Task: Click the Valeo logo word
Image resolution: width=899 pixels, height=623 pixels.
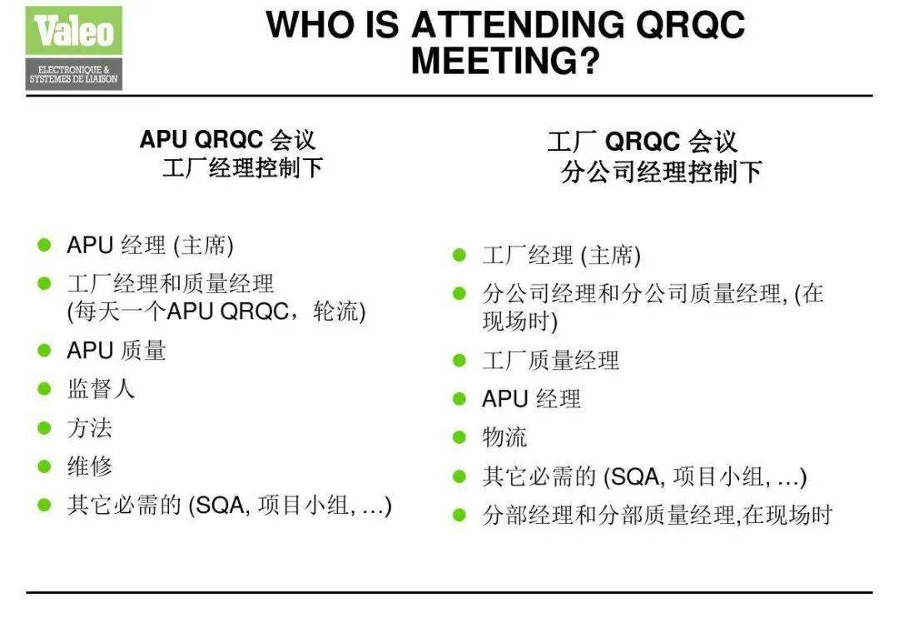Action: [x=74, y=31]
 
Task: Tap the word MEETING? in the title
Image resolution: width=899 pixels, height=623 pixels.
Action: [x=505, y=60]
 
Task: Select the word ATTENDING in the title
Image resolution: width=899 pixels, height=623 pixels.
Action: [x=518, y=24]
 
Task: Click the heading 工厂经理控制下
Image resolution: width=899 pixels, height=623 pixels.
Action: [x=242, y=168]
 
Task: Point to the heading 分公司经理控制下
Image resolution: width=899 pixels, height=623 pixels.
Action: [x=661, y=171]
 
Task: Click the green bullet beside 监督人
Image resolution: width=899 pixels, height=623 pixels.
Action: [x=44, y=389]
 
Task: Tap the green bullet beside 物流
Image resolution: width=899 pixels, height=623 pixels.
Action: [x=459, y=437]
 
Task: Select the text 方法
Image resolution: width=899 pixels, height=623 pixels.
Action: [x=89, y=428]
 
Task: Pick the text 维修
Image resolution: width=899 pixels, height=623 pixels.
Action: [x=89, y=466]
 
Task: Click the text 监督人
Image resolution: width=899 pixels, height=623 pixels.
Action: [x=101, y=389]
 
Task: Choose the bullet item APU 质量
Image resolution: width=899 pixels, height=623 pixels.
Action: [x=117, y=351]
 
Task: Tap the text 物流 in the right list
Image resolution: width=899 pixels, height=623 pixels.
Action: [x=504, y=437]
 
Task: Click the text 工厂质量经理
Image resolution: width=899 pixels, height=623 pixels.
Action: [x=550, y=361]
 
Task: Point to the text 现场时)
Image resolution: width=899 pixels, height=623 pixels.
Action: [x=520, y=321]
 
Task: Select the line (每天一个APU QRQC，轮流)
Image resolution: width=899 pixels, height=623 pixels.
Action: [x=216, y=311]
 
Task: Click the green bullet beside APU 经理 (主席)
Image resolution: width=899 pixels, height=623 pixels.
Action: [x=44, y=245]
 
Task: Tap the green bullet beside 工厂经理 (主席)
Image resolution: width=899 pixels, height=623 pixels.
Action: [x=459, y=255]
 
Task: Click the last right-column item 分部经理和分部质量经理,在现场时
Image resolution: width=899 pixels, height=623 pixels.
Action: [x=658, y=515]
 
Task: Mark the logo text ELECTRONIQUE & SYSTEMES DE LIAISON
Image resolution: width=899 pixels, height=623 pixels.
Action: [x=73, y=74]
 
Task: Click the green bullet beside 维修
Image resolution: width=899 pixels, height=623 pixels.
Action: [x=44, y=466]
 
